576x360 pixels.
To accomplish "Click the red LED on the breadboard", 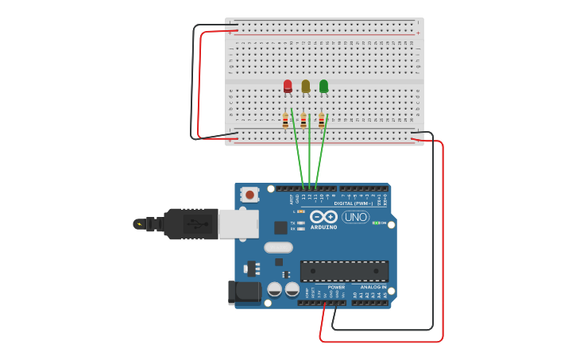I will coord(288,86).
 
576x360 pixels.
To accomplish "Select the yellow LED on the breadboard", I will coord(305,86).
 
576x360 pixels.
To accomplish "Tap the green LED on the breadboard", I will coord(323,86).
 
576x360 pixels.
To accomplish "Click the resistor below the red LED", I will coord(285,121).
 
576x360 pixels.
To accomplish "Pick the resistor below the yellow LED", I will coord(303,121).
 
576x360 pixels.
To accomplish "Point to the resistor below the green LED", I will coord(321,121).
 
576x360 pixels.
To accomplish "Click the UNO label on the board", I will coord(355,217).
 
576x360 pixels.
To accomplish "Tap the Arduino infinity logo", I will coord(323,217).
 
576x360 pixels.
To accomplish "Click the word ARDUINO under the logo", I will coord(323,226).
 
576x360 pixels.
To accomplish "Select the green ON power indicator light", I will coord(376,223).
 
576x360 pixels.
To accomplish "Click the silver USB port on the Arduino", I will coord(238,224).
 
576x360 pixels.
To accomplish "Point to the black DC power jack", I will coord(244,292).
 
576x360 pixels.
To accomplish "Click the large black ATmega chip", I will coord(344,270).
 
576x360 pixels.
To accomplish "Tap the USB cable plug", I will coord(191,224).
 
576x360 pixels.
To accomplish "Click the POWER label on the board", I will coord(336,287).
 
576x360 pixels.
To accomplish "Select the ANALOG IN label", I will coord(373,287).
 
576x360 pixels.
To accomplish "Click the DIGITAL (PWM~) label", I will coord(354,203).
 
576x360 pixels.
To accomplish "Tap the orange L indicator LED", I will coord(301,211).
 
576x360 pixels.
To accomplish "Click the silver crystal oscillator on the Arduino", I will coord(278,247).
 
